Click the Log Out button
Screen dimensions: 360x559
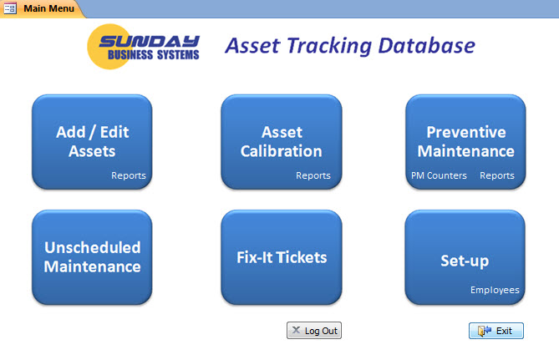coord(314,331)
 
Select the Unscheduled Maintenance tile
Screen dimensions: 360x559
coord(92,257)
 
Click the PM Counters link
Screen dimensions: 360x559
coord(439,175)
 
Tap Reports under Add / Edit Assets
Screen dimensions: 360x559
coord(129,175)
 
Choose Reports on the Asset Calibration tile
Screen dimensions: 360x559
coord(313,175)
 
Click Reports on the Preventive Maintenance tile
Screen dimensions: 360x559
coord(497,175)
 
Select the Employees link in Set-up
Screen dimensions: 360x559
coord(495,291)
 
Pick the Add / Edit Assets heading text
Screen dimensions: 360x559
coord(92,141)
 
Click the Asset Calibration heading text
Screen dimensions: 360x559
coord(281,141)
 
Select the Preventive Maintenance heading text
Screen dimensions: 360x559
coord(465,141)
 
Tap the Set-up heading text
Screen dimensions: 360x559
coord(465,261)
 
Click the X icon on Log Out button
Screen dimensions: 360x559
coord(296,331)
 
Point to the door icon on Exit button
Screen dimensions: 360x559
coord(484,331)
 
